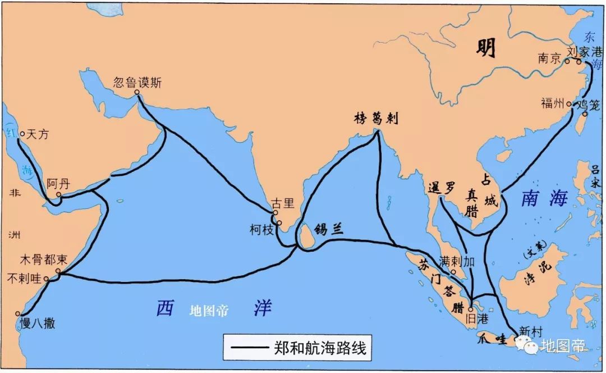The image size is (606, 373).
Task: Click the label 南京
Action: (549, 58)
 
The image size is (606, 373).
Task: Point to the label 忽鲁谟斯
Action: (137, 83)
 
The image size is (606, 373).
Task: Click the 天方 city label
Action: (38, 134)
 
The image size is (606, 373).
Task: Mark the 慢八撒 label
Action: (37, 324)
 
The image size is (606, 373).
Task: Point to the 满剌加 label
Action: (458, 261)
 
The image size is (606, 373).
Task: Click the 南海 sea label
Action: (544, 198)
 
